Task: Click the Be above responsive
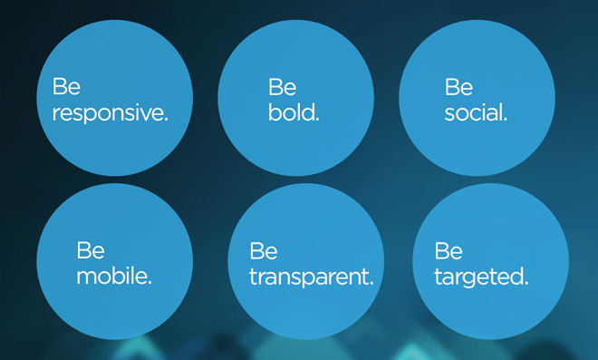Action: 66,86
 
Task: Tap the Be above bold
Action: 282,87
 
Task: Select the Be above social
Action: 458,87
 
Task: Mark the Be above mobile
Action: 91,250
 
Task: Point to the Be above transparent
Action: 263,251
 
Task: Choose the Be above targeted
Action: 448,251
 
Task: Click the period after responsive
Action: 166,120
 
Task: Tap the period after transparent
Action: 371,283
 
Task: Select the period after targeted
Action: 526,283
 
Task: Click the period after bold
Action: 317,120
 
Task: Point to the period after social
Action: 506,120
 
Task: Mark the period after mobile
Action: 149,283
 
